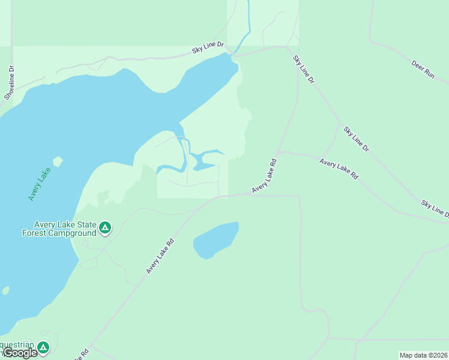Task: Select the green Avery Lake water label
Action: (40, 184)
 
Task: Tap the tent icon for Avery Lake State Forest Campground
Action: (105, 227)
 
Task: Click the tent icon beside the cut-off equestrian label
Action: (43, 347)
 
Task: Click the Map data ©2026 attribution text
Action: (423, 355)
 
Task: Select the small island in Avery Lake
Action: (58, 161)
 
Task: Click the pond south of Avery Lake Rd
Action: (215, 239)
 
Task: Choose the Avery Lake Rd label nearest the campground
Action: (159, 256)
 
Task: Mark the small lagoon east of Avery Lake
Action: (204, 160)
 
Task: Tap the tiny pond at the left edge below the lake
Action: (5, 290)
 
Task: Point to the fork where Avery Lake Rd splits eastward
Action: (278, 152)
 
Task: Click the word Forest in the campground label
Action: (34, 233)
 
